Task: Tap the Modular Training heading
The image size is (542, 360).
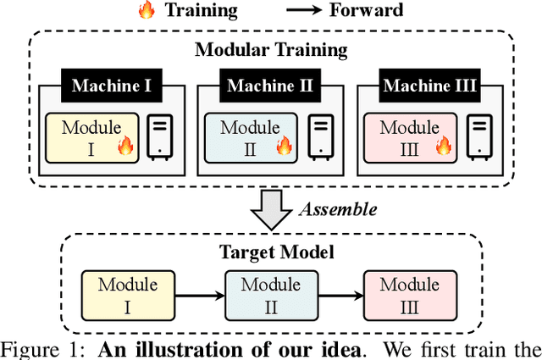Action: coord(271,48)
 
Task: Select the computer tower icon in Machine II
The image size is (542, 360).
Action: coord(318,136)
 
